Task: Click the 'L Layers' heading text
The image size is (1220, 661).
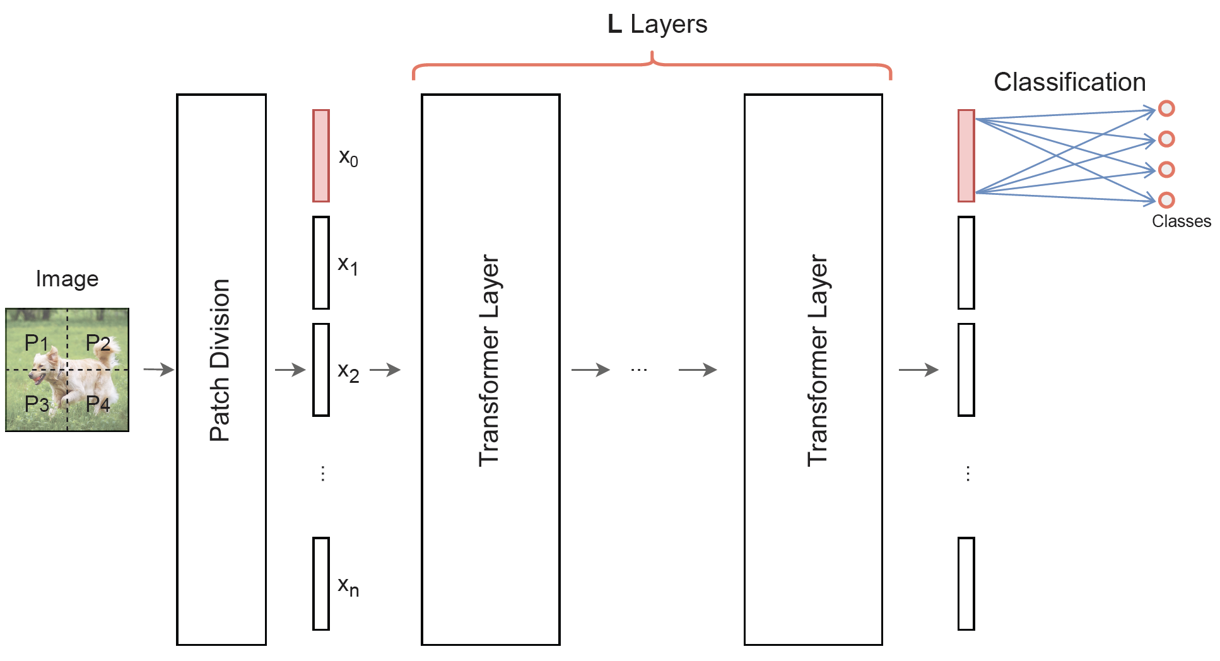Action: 657,25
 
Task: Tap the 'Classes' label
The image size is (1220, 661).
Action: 1181,221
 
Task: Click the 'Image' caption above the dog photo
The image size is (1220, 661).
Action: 67,279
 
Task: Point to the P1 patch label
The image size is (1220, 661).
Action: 36,343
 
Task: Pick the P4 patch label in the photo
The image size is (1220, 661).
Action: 98,404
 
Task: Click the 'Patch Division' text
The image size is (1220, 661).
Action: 220,360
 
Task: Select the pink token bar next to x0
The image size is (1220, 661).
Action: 321,156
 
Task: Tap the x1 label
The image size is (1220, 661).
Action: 348,264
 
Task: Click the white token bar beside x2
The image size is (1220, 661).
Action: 321,370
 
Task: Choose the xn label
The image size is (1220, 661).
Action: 348,586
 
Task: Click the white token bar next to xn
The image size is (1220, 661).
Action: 321,583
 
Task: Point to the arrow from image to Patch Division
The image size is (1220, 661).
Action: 158,370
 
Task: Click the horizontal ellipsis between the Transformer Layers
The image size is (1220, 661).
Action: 638,370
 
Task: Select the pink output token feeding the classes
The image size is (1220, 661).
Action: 966,156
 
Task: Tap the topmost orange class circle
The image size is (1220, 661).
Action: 1166,108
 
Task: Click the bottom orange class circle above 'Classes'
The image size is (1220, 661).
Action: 1166,200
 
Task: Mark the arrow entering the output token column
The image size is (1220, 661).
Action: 918,370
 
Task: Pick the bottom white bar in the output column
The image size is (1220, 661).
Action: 966,583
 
